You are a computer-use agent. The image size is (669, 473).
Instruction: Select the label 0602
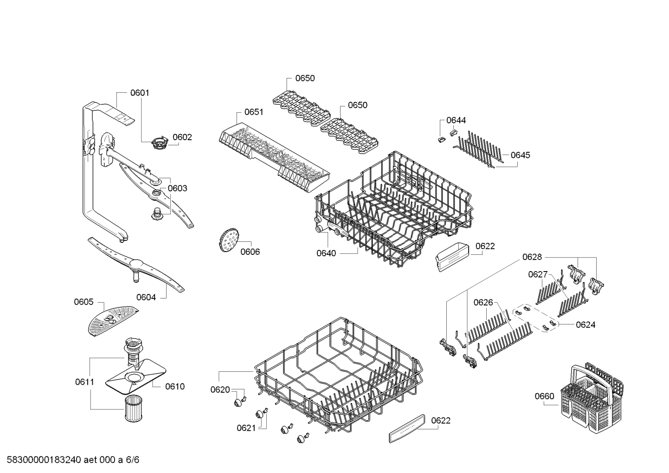click(182, 137)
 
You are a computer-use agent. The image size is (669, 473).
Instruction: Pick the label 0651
click(254, 112)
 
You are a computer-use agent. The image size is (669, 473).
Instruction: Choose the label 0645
click(520, 155)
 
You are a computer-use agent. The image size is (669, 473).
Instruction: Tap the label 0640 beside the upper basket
click(326, 253)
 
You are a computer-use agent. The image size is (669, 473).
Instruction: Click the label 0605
click(84, 302)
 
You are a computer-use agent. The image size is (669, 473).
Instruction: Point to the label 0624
click(585, 325)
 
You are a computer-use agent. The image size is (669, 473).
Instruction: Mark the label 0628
click(532, 257)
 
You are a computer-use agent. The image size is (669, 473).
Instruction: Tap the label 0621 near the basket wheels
click(246, 428)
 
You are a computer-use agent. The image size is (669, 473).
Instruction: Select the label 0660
click(544, 396)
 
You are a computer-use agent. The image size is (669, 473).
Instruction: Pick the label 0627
click(538, 275)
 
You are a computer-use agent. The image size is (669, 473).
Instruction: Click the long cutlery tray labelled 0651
click(274, 156)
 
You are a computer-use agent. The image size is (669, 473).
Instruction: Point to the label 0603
click(177, 188)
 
